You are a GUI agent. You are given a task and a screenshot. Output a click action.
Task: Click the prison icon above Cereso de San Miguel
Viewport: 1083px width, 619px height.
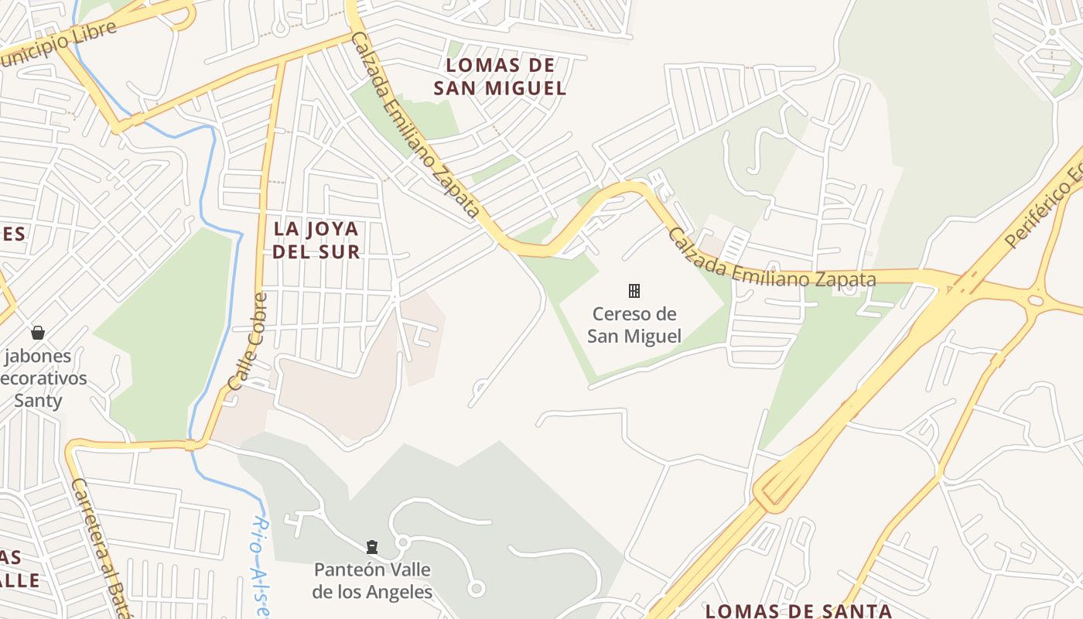634,291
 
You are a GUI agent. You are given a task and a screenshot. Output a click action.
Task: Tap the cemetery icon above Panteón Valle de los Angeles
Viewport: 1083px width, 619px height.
372,547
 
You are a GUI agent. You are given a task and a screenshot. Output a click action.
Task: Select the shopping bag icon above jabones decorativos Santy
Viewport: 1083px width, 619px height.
37,333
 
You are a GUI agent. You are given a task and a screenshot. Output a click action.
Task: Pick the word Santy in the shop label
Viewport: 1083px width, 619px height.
37,401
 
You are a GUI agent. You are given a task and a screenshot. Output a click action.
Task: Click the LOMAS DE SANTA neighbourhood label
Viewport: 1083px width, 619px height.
798,610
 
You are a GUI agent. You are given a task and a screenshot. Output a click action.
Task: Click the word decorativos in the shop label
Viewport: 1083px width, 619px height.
43,379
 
